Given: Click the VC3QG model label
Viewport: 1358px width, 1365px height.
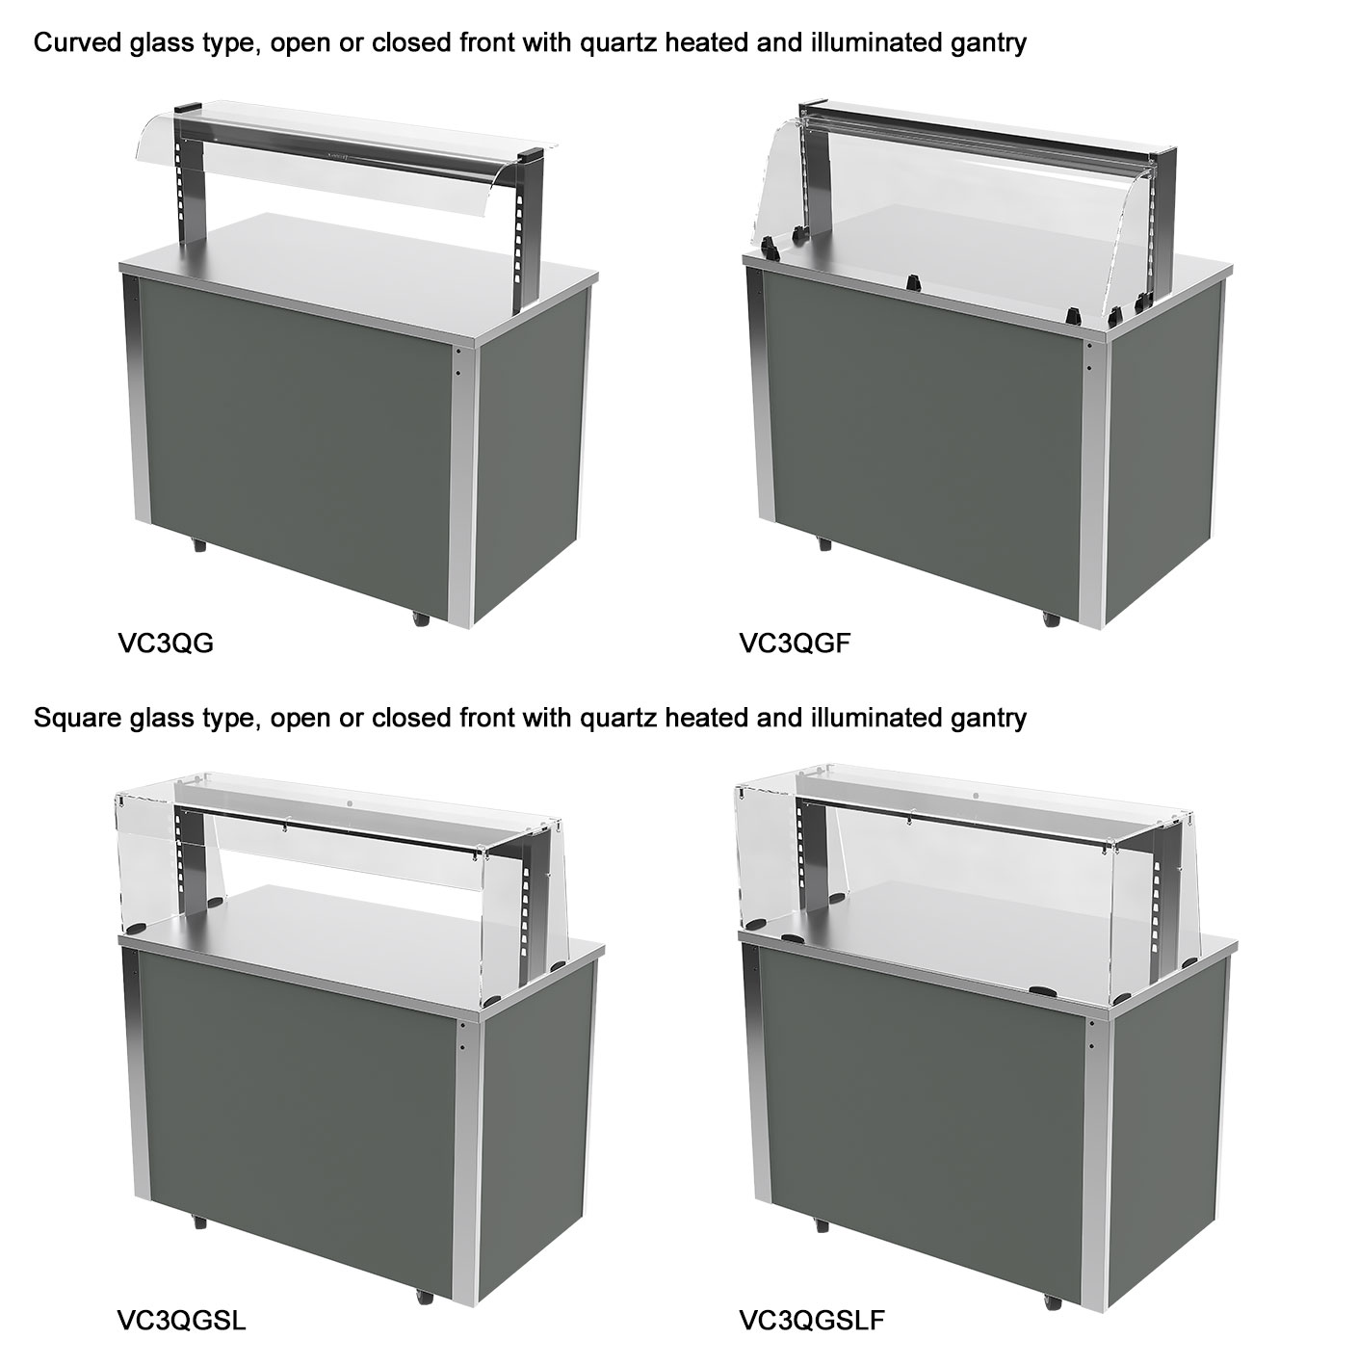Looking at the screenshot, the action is tap(165, 643).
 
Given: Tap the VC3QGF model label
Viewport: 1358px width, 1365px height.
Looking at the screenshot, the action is tap(795, 643).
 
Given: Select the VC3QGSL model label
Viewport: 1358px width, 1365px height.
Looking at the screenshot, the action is tap(181, 1321).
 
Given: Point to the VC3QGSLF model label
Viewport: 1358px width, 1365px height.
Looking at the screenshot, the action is tap(812, 1321).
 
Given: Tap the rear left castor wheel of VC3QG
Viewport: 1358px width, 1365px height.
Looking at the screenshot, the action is tap(198, 545).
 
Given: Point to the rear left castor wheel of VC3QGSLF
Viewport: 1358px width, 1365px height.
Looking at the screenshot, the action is tap(822, 1224).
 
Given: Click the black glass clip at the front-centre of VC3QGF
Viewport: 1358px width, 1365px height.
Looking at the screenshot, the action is tap(914, 282).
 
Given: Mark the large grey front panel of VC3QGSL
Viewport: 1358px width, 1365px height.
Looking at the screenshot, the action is tap(296, 1108).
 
